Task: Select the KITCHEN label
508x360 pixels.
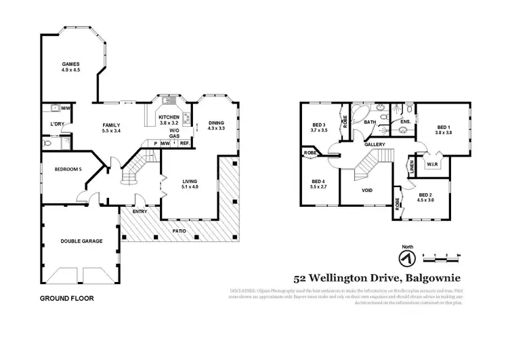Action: click(x=169, y=117)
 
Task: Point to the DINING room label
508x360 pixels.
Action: click(x=216, y=123)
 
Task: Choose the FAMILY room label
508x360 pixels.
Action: click(x=111, y=125)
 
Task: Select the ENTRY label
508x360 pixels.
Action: click(x=140, y=212)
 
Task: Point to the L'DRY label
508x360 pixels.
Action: click(x=57, y=123)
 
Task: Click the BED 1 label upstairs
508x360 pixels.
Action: click(x=443, y=127)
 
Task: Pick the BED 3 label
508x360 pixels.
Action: click(x=320, y=124)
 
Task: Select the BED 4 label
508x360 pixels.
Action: click(x=319, y=181)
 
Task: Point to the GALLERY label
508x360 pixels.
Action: click(x=375, y=144)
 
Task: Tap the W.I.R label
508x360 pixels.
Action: click(x=433, y=163)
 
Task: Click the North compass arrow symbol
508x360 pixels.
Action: click(x=408, y=258)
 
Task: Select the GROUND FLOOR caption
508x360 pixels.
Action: click(x=66, y=298)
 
